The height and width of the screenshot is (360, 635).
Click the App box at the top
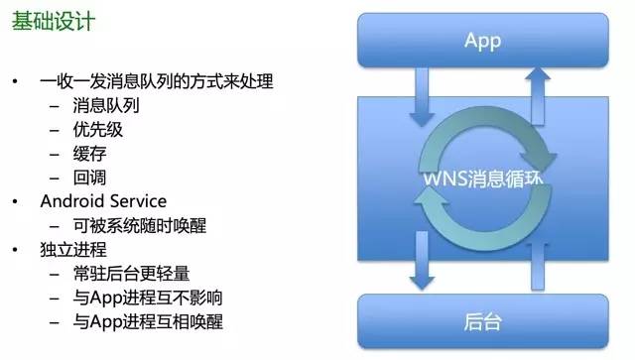pyautogui.click(x=482, y=41)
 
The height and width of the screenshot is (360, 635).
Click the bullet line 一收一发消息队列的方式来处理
pyautogui.click(x=156, y=81)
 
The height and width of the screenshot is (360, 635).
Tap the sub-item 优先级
pyautogui.click(x=97, y=130)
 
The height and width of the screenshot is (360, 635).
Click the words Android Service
pyautogui.click(x=103, y=201)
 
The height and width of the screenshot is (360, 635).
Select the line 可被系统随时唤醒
pyautogui.click(x=137, y=225)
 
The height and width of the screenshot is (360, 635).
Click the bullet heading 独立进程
pyautogui.click(x=72, y=249)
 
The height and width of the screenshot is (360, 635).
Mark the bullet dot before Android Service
pyautogui.click(x=16, y=201)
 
